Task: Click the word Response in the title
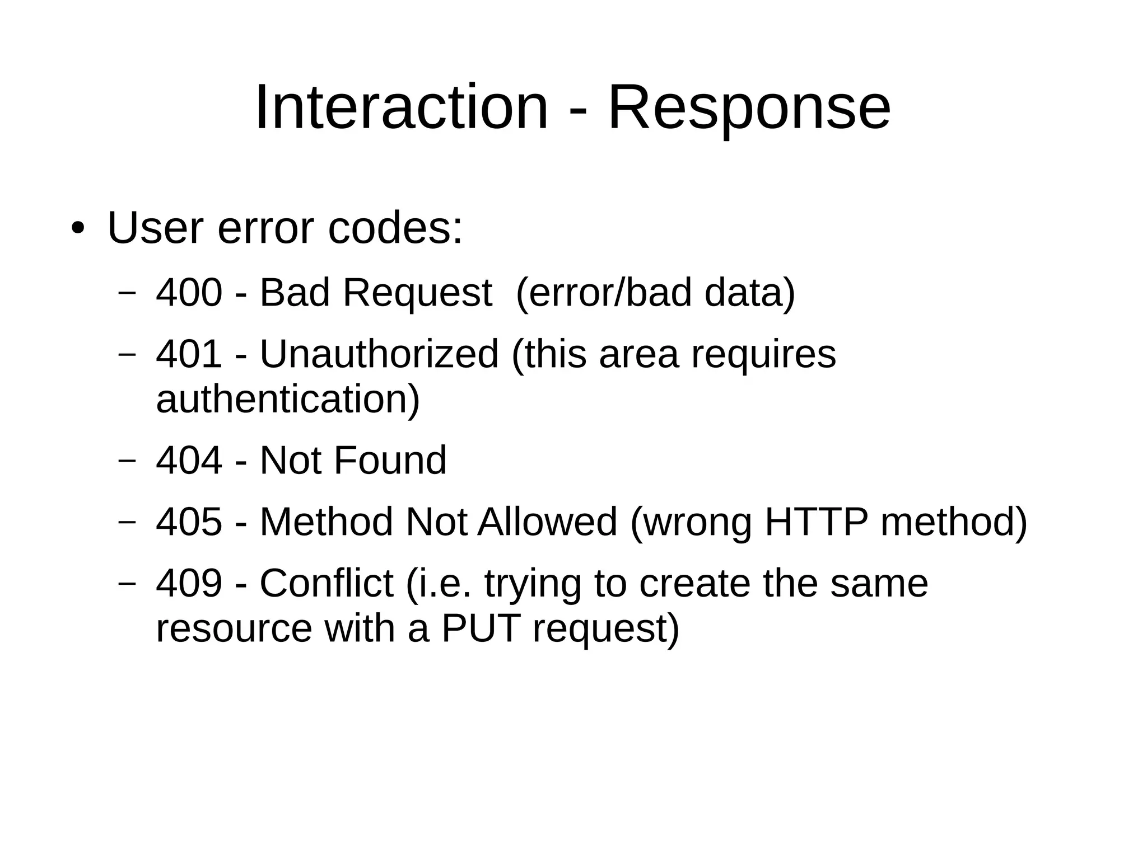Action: [749, 107]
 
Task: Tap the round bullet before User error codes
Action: [78, 229]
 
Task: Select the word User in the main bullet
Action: [155, 228]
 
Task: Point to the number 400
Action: [189, 292]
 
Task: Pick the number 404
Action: [189, 460]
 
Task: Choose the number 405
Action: [189, 522]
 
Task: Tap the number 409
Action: [189, 583]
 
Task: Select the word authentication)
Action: [288, 400]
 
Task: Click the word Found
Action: [390, 460]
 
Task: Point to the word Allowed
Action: [547, 522]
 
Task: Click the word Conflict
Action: [326, 583]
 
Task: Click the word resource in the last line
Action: [234, 629]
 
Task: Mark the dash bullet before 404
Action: [128, 460]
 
